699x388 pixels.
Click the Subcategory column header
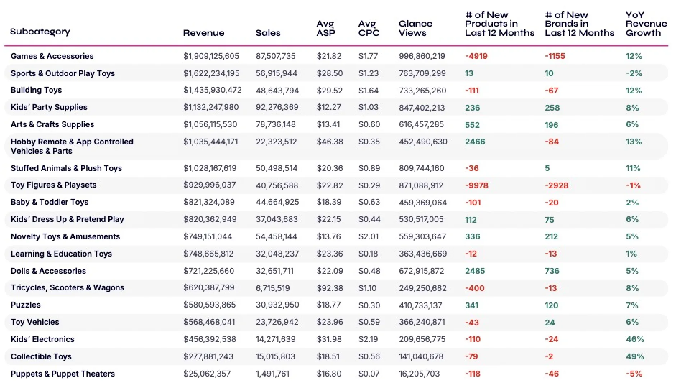point(40,32)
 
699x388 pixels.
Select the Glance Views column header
point(415,28)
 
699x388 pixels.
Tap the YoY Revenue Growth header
point(646,24)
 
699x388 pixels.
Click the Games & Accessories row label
point(52,56)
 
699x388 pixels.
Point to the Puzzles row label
point(26,305)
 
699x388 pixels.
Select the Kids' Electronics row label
point(42,339)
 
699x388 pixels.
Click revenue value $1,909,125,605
point(211,56)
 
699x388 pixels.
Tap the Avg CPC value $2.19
point(369,339)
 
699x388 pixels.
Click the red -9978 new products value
point(477,185)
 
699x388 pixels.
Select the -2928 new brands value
point(556,185)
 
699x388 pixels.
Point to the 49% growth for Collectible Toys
point(635,356)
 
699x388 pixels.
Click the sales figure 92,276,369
point(277,107)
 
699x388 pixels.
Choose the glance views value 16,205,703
point(419,374)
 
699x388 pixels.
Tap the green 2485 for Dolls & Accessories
point(475,271)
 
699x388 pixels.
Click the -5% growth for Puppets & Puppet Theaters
point(634,374)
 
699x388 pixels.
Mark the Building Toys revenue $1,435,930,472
point(213,90)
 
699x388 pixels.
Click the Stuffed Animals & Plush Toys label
point(66,168)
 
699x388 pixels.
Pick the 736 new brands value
point(552,271)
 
